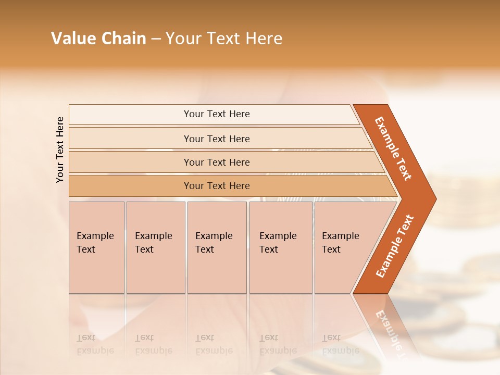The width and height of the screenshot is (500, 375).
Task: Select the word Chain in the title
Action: [124, 39]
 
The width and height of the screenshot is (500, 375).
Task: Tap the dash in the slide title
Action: [156, 39]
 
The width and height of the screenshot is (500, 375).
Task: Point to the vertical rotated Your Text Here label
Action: [60, 149]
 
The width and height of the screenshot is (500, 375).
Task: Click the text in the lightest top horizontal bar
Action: [217, 114]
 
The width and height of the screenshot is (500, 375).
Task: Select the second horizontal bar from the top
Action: [217, 139]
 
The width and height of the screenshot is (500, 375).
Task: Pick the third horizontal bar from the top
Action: [217, 162]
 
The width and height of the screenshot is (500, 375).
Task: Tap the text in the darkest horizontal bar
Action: [217, 186]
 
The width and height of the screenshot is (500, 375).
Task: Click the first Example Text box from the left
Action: [96, 247]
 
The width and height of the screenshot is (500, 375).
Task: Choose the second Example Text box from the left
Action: [155, 247]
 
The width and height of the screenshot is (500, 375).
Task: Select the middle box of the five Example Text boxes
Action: [217, 247]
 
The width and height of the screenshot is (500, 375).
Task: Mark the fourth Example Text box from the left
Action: [280, 247]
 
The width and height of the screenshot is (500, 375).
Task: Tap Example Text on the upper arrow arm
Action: [393, 148]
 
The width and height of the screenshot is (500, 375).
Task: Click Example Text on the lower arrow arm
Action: [395, 246]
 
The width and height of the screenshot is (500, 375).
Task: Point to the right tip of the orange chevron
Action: [434, 199]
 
